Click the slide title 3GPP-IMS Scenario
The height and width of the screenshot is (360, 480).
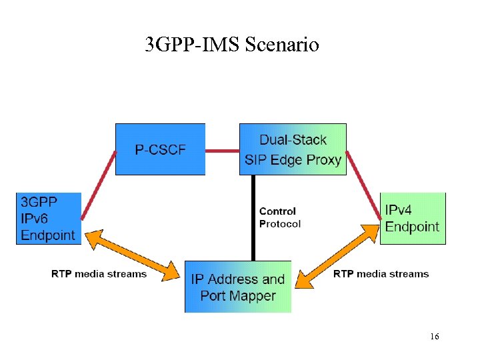[x=232, y=45]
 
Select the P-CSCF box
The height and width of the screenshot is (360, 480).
[x=160, y=149]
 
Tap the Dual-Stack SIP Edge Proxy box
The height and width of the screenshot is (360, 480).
[x=293, y=149]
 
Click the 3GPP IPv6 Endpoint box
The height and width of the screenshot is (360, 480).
[x=48, y=218]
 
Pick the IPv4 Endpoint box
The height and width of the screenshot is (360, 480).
[x=412, y=218]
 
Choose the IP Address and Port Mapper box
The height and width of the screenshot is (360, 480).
[x=238, y=287]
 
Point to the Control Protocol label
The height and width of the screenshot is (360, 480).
[x=279, y=217]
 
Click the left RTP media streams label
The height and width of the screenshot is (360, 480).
[x=99, y=274]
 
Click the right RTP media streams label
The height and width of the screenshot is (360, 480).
[x=381, y=274]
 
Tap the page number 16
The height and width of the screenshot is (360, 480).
[x=434, y=337]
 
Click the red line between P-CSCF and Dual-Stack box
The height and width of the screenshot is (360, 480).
[x=222, y=151]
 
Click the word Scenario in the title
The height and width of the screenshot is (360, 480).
[x=282, y=45]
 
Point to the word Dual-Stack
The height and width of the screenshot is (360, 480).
[x=293, y=140]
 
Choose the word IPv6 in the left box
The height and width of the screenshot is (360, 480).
[x=35, y=218]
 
